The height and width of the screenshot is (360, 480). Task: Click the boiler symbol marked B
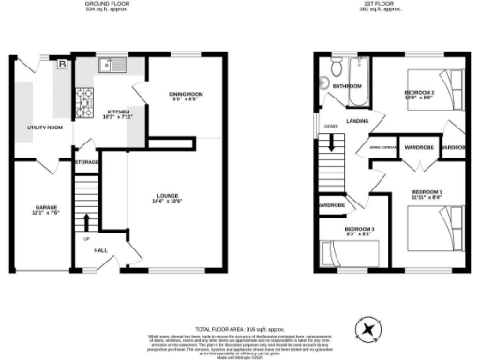[63, 66]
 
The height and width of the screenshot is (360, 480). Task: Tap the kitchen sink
[109, 67]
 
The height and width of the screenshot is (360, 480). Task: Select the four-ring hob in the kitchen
[84, 95]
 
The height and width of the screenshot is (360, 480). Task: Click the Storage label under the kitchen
[87, 163]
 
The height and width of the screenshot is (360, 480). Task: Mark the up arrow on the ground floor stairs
[87, 223]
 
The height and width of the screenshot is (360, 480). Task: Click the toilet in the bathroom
[332, 68]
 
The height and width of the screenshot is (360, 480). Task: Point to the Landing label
[355, 121]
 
